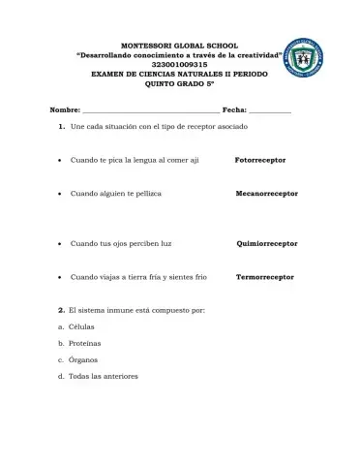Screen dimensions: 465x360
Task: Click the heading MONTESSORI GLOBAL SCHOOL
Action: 179,46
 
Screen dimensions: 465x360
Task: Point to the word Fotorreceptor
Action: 266,159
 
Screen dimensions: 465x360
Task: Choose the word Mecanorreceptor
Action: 266,194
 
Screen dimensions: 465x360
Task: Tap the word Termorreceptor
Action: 264,277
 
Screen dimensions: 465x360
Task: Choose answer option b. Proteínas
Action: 79,343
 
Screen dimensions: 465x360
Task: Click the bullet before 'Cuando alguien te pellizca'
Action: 61,194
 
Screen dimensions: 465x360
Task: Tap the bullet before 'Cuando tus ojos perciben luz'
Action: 61,244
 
